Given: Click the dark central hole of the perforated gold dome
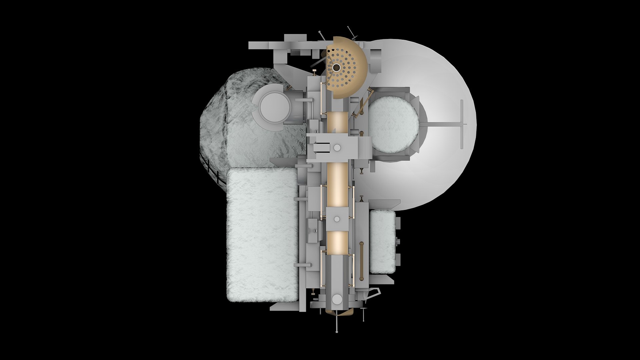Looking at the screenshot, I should (336, 68).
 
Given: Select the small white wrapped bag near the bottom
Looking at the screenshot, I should (382, 241).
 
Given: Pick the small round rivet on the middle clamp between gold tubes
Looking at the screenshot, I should (337, 219).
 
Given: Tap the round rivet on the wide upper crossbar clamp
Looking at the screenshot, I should (337, 147).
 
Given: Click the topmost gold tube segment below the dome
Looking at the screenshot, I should (337, 122).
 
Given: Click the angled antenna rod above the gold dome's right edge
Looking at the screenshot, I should (351, 31).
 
